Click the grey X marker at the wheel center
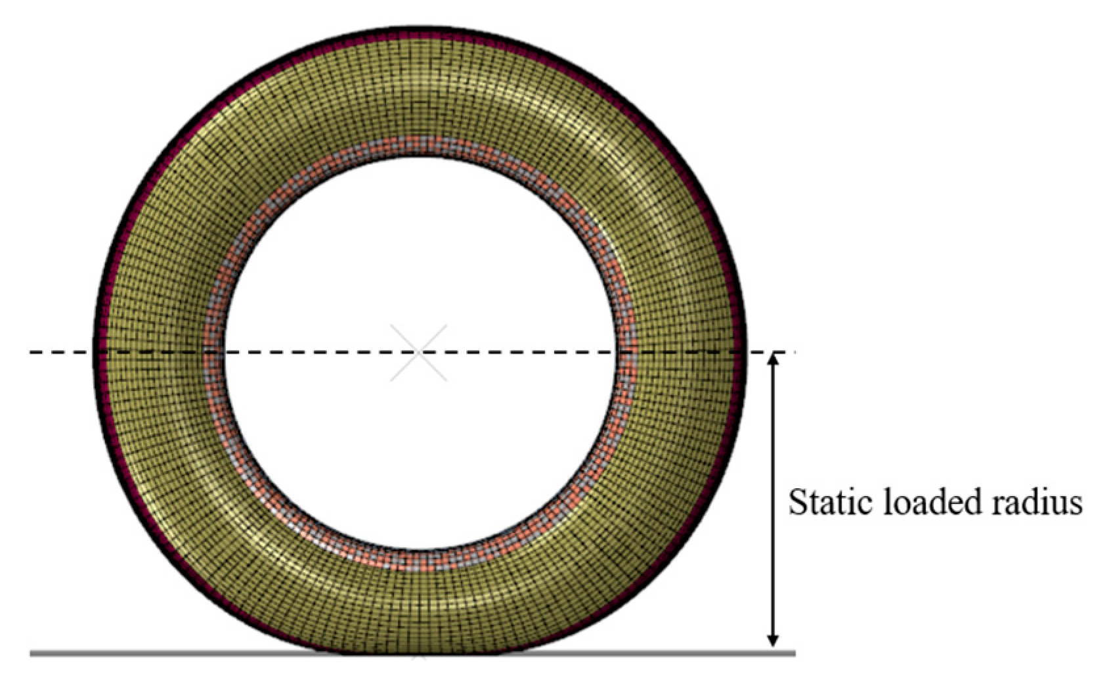pyautogui.click(x=419, y=353)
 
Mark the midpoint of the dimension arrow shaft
pyautogui.click(x=773, y=501)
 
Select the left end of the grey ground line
pyautogui.click(x=32, y=653)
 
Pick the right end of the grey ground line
pyautogui.click(x=794, y=653)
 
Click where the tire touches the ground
pyautogui.click(x=419, y=652)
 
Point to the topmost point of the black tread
pyautogui.click(x=420, y=29)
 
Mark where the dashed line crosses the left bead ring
pyautogui.click(x=213, y=353)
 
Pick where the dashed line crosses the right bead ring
pyautogui.click(x=627, y=353)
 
